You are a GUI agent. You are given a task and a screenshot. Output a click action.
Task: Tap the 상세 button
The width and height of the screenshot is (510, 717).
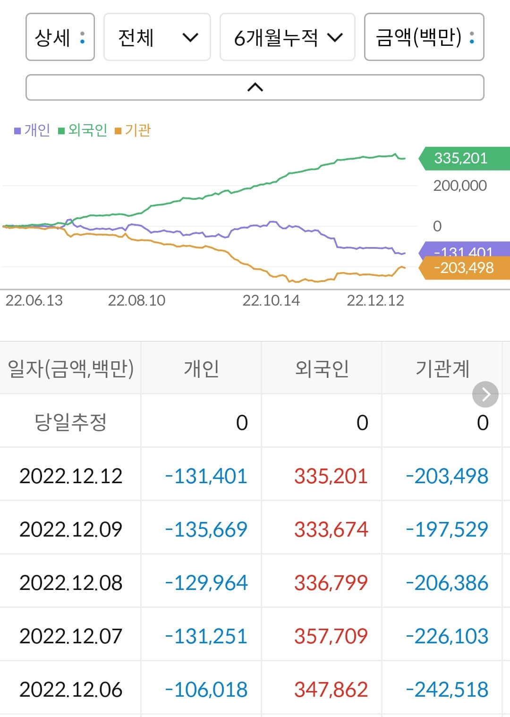coord(60,37)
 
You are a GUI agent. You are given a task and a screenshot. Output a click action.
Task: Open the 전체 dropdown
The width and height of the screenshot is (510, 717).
coord(157,37)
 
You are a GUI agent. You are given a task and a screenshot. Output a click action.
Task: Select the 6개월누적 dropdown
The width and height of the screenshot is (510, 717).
coord(287,37)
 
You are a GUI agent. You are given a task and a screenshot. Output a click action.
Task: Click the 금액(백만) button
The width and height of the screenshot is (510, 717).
coord(424,37)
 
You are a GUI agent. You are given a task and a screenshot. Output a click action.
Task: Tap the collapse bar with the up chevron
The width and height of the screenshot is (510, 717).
coord(255,87)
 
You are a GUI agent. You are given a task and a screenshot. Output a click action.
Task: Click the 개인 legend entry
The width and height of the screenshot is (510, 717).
coord(32,130)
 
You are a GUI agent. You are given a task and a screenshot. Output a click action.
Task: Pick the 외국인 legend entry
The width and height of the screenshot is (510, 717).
coord(83,130)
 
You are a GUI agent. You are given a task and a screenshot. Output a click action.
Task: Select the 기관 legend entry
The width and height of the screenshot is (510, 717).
coord(133,130)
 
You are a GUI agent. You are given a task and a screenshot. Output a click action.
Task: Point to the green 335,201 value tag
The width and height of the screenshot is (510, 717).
coord(463,158)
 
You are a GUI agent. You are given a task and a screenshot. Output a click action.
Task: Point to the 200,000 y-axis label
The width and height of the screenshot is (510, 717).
coord(459,186)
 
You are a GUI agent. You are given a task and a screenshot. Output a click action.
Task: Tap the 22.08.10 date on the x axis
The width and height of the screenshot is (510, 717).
coord(136,300)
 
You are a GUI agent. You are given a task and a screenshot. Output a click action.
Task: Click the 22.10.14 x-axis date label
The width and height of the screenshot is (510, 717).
coord(271,300)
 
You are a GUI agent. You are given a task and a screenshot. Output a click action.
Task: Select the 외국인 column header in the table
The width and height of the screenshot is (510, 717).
coord(322,368)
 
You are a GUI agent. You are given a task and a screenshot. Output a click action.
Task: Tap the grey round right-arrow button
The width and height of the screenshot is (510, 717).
coord(485,394)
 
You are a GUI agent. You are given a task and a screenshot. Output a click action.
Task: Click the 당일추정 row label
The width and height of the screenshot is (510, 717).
coord(70,422)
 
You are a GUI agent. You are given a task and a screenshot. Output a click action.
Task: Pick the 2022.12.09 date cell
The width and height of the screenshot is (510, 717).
coord(70,529)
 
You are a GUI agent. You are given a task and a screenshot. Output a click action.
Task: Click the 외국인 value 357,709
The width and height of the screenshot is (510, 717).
coord(331,636)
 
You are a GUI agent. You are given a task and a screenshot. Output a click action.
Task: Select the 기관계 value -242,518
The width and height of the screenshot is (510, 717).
coord(447,690)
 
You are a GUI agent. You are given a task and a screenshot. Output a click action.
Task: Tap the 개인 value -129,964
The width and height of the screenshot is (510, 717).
coord(206,582)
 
